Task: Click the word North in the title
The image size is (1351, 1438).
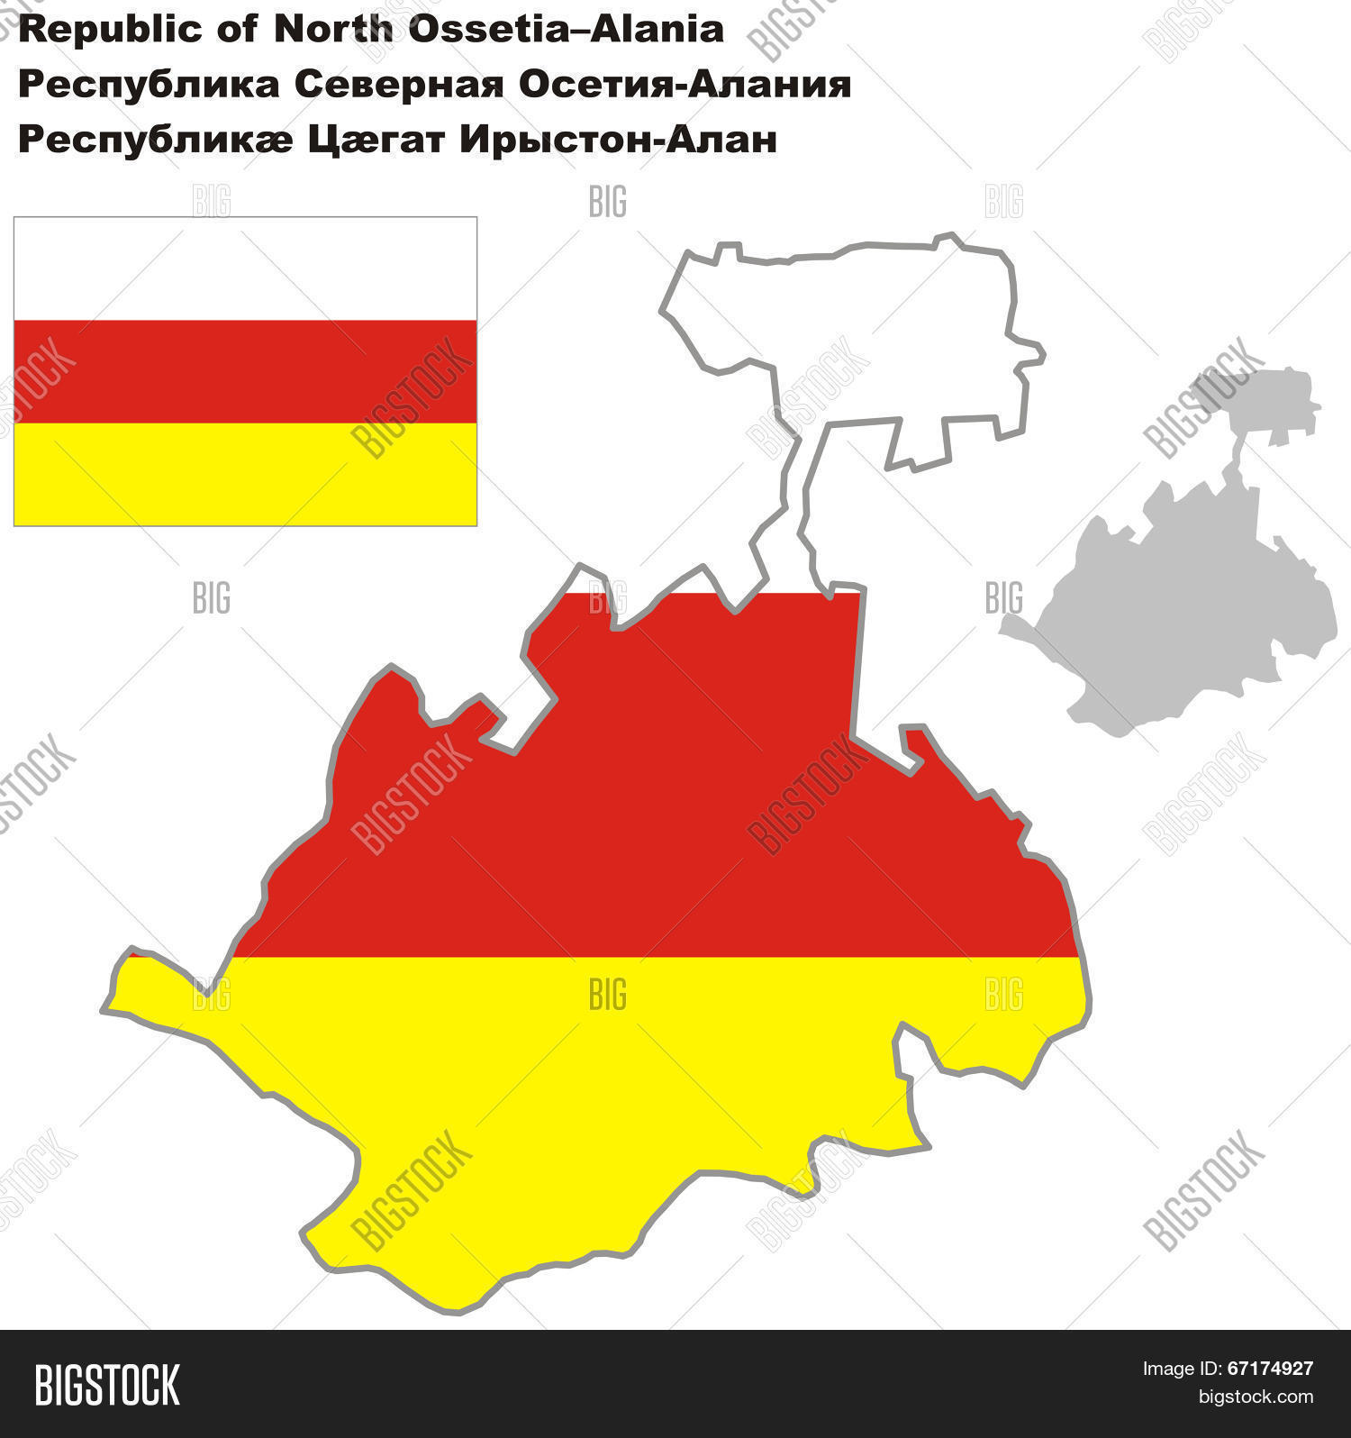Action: (x=333, y=29)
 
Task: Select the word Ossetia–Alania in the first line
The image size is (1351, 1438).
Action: (x=566, y=29)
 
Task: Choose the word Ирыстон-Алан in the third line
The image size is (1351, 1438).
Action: (x=618, y=141)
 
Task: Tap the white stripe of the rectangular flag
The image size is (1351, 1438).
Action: (x=245, y=268)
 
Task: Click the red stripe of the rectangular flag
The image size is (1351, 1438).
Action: (x=245, y=371)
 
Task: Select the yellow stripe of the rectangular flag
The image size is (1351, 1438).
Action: (x=245, y=474)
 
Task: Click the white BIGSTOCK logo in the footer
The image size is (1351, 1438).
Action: (x=107, y=1385)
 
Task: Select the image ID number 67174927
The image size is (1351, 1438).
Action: (x=1270, y=1369)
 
